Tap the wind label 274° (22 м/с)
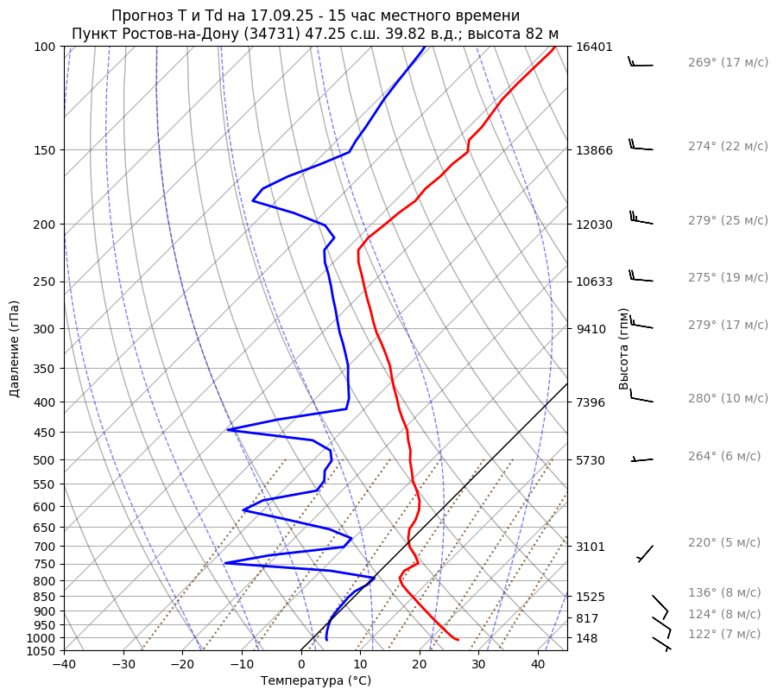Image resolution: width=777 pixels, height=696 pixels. click(x=728, y=147)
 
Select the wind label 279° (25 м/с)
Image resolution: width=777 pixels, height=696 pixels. click(x=728, y=221)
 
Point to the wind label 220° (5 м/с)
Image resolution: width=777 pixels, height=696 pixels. click(x=724, y=543)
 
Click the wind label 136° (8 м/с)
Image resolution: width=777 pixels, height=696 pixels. click(x=724, y=593)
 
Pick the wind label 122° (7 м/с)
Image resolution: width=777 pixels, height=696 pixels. click(x=724, y=635)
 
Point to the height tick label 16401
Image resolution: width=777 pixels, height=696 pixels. click(x=594, y=47)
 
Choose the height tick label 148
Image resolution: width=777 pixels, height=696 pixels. click(x=587, y=639)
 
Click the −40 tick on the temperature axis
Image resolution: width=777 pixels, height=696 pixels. click(x=64, y=665)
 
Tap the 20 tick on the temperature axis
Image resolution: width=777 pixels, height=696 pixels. click(x=420, y=665)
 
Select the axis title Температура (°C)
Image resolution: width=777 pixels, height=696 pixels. click(x=316, y=681)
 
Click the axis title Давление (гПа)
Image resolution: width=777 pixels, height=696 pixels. click(x=15, y=349)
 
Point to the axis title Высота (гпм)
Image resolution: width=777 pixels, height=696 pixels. click(x=624, y=349)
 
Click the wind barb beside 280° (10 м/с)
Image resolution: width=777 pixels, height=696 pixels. click(x=641, y=398)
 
